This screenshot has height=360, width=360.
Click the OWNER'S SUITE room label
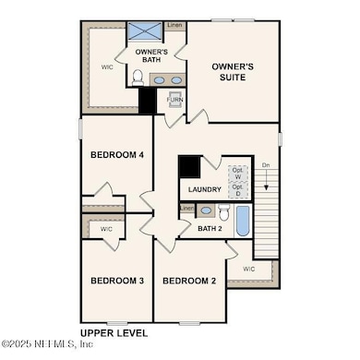tap(233, 73)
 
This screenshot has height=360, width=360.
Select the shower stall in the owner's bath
tap(145, 30)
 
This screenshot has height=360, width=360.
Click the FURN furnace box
tap(174, 100)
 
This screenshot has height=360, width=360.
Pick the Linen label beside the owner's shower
tap(174, 26)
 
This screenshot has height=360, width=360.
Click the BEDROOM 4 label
tap(116, 155)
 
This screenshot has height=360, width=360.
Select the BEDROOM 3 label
tap(116, 281)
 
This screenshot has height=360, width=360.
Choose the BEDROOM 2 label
tap(189, 281)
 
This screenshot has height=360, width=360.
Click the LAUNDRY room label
tap(204, 190)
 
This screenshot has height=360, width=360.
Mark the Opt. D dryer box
tap(237, 190)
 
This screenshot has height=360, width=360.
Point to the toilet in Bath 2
tap(222, 212)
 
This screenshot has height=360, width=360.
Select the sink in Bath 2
tap(205, 210)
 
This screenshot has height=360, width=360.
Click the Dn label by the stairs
tap(266, 165)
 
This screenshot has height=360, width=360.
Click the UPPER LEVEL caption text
tap(113, 331)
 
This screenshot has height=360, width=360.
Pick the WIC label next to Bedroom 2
tap(249, 270)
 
